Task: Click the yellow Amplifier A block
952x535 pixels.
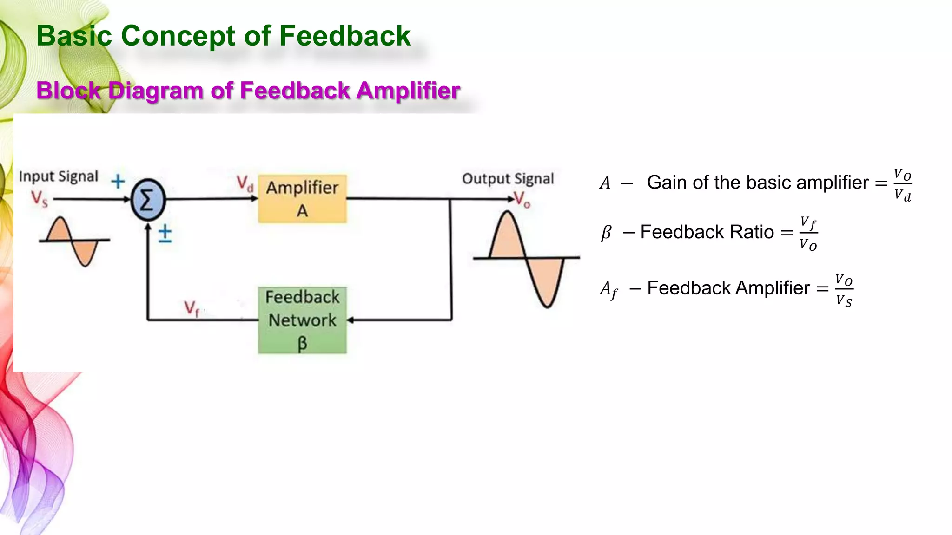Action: pos(302,199)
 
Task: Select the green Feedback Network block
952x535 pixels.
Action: pos(302,320)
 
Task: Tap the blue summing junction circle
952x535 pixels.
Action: pos(148,200)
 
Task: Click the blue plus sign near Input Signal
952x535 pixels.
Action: pos(118,181)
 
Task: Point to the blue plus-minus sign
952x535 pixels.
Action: pos(165,234)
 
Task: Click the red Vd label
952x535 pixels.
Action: pos(245,183)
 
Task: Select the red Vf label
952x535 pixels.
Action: pos(191,308)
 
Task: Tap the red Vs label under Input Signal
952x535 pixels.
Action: pos(40,198)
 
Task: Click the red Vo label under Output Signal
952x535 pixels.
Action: pos(522,200)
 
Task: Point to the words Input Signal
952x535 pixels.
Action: pos(59,176)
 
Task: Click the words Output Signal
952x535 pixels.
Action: pos(508,179)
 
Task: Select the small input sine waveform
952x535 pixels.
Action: pos(74,241)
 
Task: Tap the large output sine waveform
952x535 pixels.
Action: pos(527,258)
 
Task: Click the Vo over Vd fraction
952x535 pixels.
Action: pos(902,184)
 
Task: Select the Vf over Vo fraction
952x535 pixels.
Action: pos(808,233)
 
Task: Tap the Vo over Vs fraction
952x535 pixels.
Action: pos(844,290)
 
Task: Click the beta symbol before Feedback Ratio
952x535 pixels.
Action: pos(606,232)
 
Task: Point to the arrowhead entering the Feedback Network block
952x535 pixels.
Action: pos(350,320)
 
